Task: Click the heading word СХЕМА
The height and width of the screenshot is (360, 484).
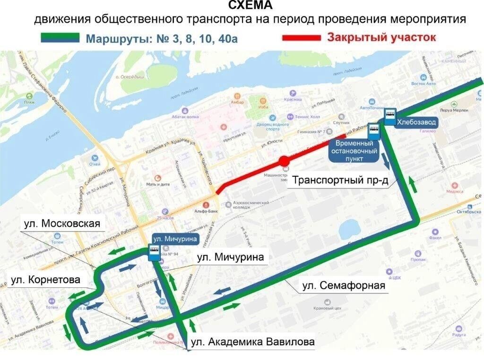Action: click(251, 6)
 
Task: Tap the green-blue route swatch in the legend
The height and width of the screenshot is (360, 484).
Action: click(60, 38)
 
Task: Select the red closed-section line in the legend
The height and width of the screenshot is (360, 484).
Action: click(301, 38)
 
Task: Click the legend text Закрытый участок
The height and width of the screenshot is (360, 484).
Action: click(381, 37)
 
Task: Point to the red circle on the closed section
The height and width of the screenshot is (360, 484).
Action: click(284, 161)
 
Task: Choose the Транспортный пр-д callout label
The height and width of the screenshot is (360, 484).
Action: click(340, 180)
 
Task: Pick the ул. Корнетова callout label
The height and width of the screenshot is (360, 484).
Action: click(45, 279)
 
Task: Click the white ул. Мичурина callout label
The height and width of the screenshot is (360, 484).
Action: click(230, 257)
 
